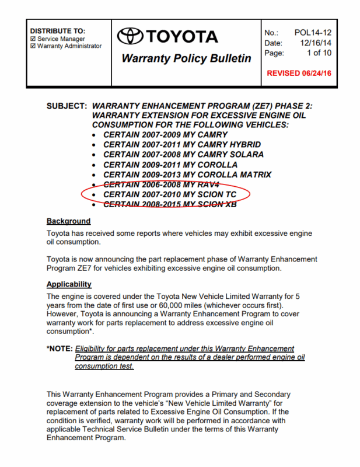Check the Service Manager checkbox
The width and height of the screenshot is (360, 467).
pyautogui.click(x=33, y=39)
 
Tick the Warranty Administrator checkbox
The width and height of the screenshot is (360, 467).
pyautogui.click(x=33, y=46)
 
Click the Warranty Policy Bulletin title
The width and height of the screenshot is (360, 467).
pyautogui.click(x=186, y=58)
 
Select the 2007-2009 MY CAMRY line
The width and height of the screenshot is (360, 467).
pyautogui.click(x=166, y=135)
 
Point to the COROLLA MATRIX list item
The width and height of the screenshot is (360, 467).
pyautogui.click(x=187, y=175)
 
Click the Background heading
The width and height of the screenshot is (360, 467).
pyautogui.click(x=68, y=221)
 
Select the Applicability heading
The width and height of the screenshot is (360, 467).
pyautogui.click(x=69, y=284)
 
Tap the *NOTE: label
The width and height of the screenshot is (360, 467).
pyautogui.click(x=60, y=348)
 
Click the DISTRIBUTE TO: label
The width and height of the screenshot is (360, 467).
pyautogui.click(x=57, y=30)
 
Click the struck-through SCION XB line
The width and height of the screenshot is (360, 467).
pyautogui.click(x=170, y=204)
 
